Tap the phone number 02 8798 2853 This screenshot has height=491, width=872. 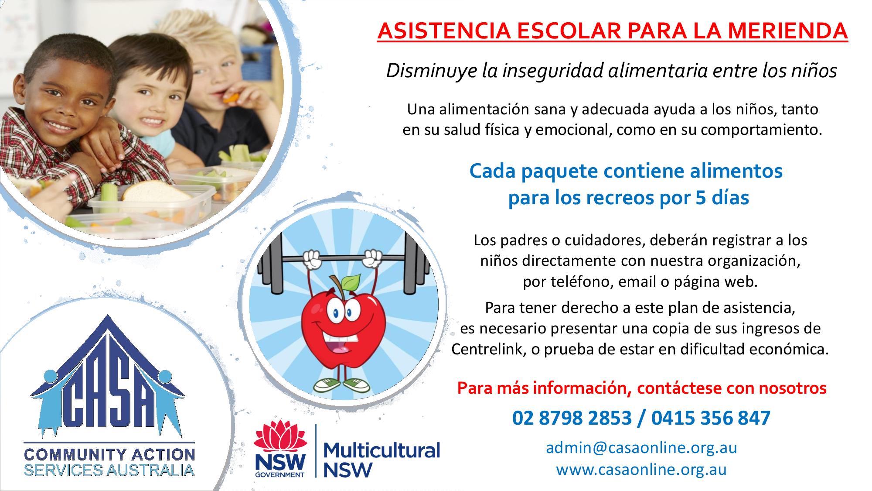point(572,418)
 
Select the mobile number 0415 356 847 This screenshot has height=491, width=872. point(711,418)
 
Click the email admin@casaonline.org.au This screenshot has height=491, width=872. point(641,448)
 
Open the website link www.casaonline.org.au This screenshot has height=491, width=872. point(641,470)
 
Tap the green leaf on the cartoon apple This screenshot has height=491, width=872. point(351,282)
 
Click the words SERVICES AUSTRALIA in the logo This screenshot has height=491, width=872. point(109,470)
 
